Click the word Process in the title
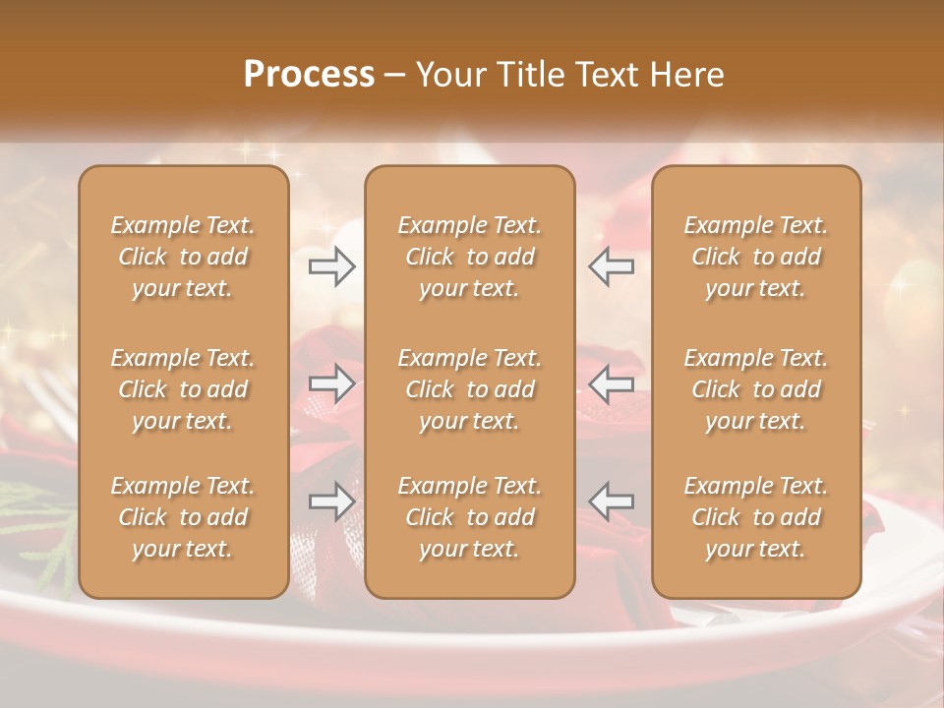[x=309, y=75]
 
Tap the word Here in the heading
[x=685, y=75]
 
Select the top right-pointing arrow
[x=332, y=266]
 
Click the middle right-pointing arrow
[x=332, y=383]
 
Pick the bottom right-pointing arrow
[x=332, y=501]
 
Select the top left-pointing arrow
[x=612, y=266]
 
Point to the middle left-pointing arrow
[x=612, y=383]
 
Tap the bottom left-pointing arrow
[x=612, y=501]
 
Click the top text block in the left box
[x=183, y=257]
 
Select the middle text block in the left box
[x=183, y=389]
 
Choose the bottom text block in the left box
[x=183, y=517]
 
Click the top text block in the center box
[x=469, y=257]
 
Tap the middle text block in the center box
[x=469, y=389]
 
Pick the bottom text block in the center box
[x=469, y=517]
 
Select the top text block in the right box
[x=755, y=257]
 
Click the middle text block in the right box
[x=755, y=389]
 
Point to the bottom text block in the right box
[x=755, y=517]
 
